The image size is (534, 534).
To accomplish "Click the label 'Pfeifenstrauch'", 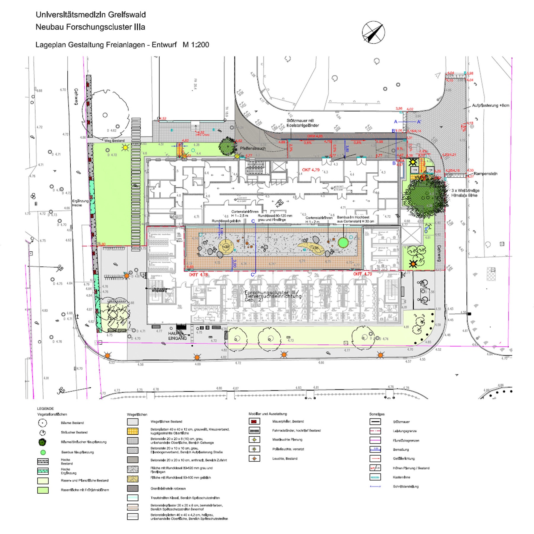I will pos(253,148).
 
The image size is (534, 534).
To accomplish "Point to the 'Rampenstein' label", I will pos(485,174).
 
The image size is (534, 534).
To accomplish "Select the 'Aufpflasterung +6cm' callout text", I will pos(490,105).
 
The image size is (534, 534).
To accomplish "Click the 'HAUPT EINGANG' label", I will pos(177,336).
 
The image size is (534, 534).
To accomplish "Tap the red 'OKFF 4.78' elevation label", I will pos(198,275).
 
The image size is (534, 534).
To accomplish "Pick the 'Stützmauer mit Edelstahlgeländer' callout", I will pos(303,123).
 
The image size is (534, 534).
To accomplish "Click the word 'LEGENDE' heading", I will pos(45,409).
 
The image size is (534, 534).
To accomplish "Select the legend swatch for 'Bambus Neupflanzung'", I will pos(43,452).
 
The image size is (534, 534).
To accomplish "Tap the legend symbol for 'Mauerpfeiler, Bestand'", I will pos(254,421).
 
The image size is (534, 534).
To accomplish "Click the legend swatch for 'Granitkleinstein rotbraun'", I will pos(133,488).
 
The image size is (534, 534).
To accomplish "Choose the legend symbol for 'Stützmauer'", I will pos(375,422).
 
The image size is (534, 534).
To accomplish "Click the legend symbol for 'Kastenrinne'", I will pos(375,477).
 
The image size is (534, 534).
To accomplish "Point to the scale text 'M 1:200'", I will pos(196,45).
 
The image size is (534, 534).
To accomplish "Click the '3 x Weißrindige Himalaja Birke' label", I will pos(465,193).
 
